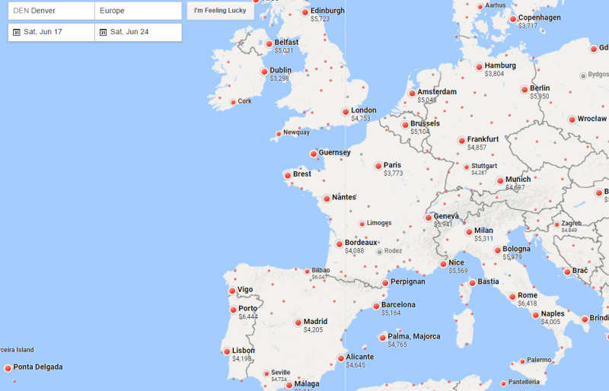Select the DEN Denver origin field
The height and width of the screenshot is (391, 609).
51,11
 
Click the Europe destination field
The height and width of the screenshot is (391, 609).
138,11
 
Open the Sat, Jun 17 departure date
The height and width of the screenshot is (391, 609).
51,32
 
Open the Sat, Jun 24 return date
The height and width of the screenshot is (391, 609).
138,32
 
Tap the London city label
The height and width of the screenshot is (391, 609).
364,110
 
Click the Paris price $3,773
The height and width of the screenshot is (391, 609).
394,173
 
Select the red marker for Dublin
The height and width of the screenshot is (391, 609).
263,72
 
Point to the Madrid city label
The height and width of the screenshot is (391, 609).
315,321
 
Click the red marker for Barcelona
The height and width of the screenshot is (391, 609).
375,306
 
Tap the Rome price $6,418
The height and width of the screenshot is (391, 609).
528,304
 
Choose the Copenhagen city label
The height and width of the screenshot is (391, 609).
540,17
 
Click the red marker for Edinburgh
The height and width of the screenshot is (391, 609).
304,12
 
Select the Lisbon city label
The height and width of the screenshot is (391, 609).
244,351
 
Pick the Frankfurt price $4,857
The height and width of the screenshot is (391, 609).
477,148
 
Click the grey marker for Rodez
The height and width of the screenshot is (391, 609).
379,251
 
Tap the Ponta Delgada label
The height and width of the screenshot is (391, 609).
38,367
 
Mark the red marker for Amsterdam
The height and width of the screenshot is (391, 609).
411,93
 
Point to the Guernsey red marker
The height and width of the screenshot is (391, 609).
313,153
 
